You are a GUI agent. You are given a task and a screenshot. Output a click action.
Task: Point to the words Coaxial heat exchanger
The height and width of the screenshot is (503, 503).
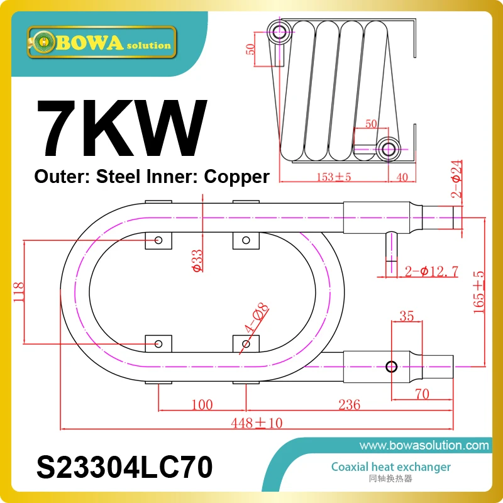coord(391,467)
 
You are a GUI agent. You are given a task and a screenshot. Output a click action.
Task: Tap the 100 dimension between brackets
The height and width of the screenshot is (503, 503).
coord(201,404)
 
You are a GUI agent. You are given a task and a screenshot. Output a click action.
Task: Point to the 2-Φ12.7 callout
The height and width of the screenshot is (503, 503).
coord(431,272)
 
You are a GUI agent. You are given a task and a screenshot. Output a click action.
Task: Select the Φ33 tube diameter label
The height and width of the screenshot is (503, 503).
coord(197,260)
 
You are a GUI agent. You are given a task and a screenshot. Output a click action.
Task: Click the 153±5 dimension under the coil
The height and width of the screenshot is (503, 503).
coord(333,177)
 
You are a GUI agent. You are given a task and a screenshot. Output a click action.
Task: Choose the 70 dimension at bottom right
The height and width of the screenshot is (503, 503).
coord(422,394)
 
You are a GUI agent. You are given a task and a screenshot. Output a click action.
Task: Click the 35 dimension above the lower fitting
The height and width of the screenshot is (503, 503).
coord(406,316)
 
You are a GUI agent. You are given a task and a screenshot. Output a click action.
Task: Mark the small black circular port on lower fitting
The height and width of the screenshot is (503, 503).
coord(392,367)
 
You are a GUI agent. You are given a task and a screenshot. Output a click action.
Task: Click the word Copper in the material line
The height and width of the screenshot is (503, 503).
coord(238,177)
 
